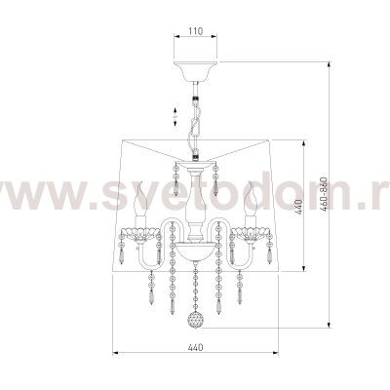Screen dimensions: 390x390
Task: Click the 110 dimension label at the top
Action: click(x=196, y=31)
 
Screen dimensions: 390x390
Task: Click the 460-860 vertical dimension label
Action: click(x=324, y=195)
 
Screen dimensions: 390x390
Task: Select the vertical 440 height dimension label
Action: click(x=299, y=207)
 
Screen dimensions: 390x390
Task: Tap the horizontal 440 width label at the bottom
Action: click(x=195, y=347)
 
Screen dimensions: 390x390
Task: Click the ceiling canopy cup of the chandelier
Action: click(x=196, y=70)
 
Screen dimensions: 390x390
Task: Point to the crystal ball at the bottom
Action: click(x=195, y=321)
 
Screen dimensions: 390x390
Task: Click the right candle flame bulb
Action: click(x=251, y=199)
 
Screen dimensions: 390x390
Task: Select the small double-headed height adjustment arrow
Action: click(x=175, y=116)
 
